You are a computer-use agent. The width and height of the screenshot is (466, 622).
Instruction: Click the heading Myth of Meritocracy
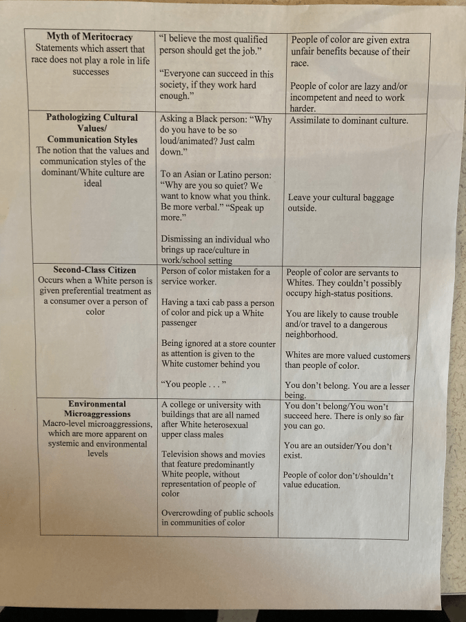(x=90, y=37)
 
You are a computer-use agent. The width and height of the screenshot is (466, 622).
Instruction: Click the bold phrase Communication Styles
(x=92, y=139)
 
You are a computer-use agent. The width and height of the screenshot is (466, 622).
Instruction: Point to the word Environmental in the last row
(x=97, y=404)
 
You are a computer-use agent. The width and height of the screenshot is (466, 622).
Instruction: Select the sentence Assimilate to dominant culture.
(x=349, y=120)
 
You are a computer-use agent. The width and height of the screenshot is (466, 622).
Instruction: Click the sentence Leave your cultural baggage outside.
(x=341, y=203)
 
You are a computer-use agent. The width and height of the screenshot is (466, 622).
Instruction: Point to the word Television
(x=183, y=455)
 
